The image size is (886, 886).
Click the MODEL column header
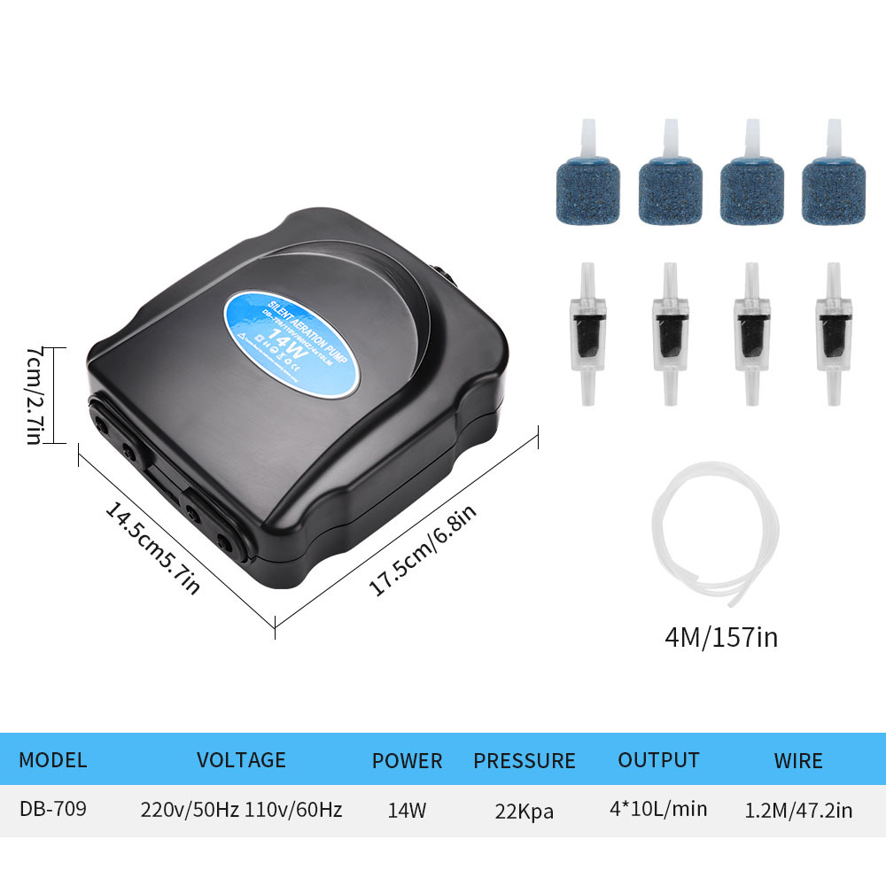click(x=53, y=759)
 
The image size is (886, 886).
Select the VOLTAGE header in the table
click(x=241, y=759)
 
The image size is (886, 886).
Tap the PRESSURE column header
click(x=524, y=760)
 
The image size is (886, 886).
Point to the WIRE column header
click(x=797, y=760)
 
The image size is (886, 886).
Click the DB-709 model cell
click(x=53, y=809)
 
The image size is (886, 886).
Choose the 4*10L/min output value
click(x=658, y=809)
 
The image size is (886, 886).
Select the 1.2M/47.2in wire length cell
click(x=798, y=810)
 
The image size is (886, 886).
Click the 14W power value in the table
click(x=407, y=810)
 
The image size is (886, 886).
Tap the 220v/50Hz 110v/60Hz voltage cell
click(x=241, y=810)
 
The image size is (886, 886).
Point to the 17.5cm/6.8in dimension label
click(x=423, y=550)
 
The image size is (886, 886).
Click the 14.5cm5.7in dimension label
click(x=152, y=548)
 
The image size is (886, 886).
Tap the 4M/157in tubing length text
click(x=720, y=636)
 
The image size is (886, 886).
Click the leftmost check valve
click(x=587, y=334)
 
